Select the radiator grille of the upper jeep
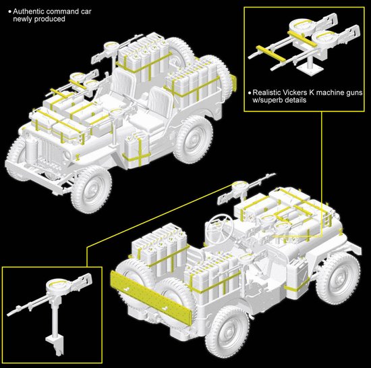[51, 151]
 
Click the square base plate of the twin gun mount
[310, 68]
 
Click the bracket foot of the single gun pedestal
[55, 344]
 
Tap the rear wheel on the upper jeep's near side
[194, 139]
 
